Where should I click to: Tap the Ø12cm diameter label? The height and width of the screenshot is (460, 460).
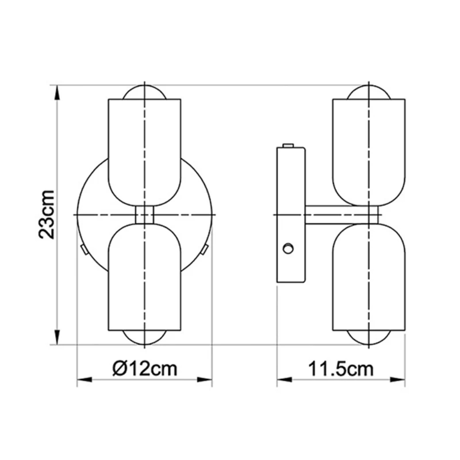[x=144, y=368]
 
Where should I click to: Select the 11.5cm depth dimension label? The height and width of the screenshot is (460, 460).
[x=340, y=368]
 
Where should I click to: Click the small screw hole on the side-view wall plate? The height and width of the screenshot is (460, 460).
[x=288, y=248]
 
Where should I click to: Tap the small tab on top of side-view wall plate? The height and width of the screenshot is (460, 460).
[x=288, y=145]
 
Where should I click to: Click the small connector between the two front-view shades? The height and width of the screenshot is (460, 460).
[x=144, y=215]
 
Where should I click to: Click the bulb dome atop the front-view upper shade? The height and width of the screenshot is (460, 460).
[x=144, y=92]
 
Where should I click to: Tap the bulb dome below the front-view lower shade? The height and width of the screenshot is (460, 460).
[x=144, y=338]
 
